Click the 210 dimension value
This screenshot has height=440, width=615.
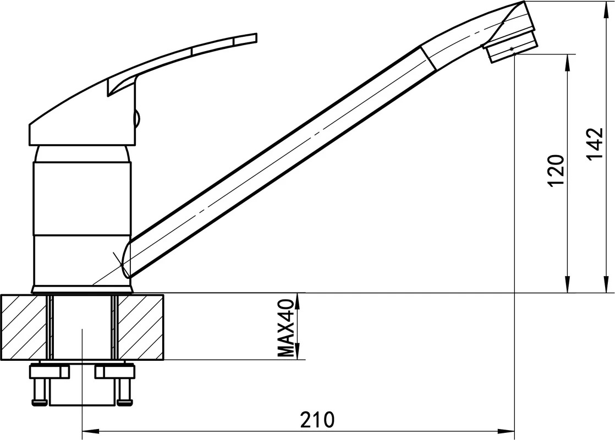pos(318,420)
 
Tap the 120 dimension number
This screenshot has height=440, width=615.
pos(557,170)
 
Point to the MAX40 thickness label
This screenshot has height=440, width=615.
pos(286,328)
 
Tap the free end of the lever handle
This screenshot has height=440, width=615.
pos(256,37)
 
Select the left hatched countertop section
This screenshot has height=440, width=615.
pos(25,326)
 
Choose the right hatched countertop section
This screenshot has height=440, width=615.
pos(140,326)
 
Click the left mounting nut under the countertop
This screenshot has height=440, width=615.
pos(50,371)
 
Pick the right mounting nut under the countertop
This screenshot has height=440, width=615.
pos(114,371)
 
